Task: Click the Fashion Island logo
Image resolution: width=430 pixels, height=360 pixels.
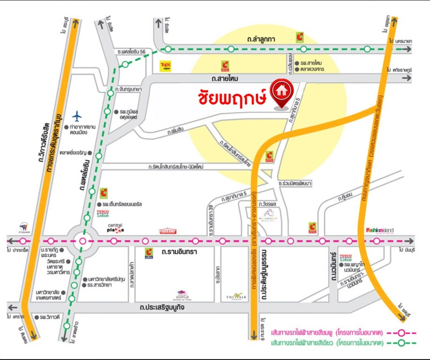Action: tap(380, 230)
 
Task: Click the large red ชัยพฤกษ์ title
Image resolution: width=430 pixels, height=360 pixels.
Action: tap(233, 96)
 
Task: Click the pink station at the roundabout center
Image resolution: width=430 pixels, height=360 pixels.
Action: tap(82, 241)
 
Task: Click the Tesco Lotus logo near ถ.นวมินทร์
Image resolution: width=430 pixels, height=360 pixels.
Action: tap(345, 257)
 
